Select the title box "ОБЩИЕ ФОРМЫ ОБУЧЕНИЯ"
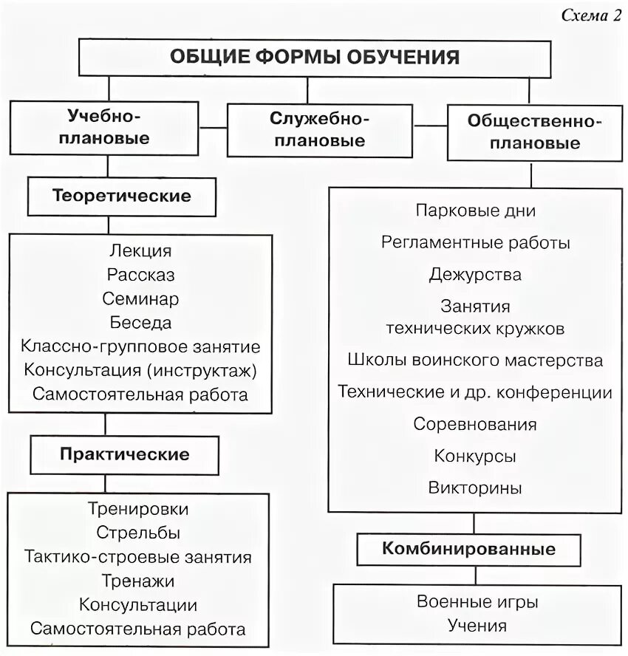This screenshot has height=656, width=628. click(x=315, y=58)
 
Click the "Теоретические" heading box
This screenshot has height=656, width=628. click(x=122, y=197)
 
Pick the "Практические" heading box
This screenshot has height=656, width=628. click(x=124, y=454)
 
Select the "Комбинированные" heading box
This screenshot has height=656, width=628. click(x=469, y=550)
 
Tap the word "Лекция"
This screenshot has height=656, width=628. click(x=140, y=251)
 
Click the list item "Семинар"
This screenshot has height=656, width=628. click(x=141, y=299)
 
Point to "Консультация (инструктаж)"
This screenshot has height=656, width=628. click(x=140, y=370)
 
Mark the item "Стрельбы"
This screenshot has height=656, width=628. click(x=138, y=533)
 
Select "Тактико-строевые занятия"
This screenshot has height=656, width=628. click(x=138, y=557)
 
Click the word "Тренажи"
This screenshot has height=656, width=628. click(x=138, y=581)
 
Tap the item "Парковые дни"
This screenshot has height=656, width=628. click(x=475, y=211)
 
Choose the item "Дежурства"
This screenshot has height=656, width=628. click(x=475, y=275)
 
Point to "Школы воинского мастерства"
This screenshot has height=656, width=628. click(x=475, y=361)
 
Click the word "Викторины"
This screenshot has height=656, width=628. click(x=475, y=488)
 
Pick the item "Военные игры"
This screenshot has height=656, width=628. click(x=477, y=602)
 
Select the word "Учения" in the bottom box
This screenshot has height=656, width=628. click(x=477, y=626)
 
